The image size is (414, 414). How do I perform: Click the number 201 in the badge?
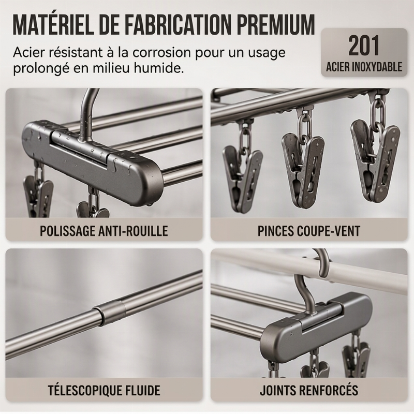364,46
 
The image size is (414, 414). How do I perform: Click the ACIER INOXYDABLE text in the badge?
364,67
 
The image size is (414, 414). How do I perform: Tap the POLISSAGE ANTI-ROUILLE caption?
104,231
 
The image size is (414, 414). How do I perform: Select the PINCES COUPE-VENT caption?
309,231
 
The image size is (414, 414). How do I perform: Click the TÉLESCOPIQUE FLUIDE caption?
104,390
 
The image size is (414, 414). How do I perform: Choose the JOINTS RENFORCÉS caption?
309,390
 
